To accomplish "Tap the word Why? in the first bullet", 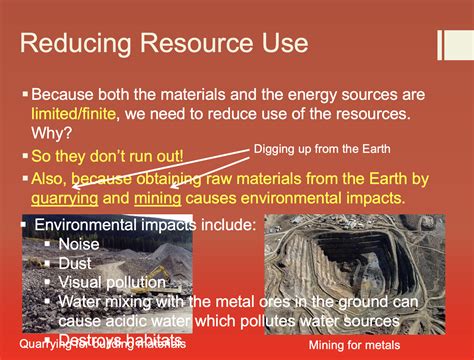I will coord(49,137).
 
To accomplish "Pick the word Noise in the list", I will coord(80,243).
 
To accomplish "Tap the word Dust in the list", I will coord(77,263).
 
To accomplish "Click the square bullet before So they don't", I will coord(25,158).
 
